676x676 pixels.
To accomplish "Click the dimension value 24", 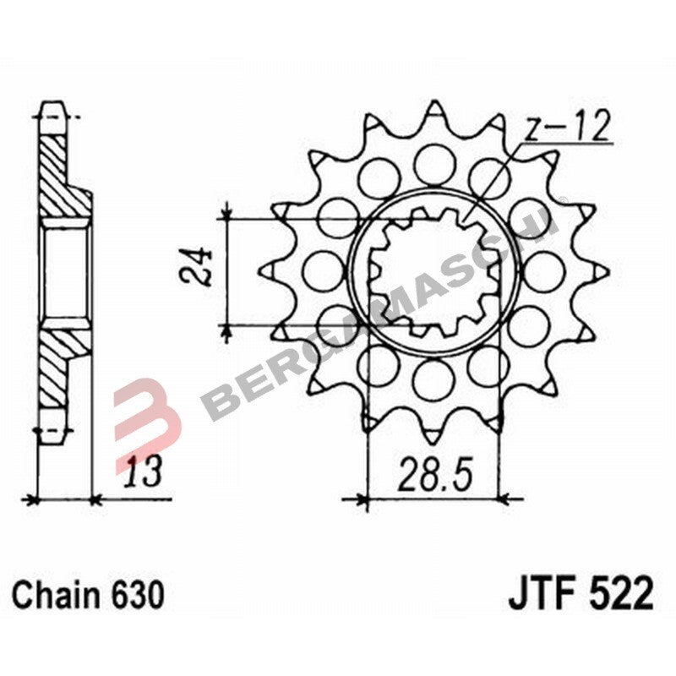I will tap(194, 270).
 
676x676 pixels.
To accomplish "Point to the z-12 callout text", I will tap(564, 128).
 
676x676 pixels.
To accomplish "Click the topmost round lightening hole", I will tap(433, 160).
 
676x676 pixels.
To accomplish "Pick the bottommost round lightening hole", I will tap(433, 376).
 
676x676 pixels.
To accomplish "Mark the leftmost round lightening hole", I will tap(319, 269).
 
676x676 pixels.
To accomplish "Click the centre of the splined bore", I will tap(433, 270).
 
